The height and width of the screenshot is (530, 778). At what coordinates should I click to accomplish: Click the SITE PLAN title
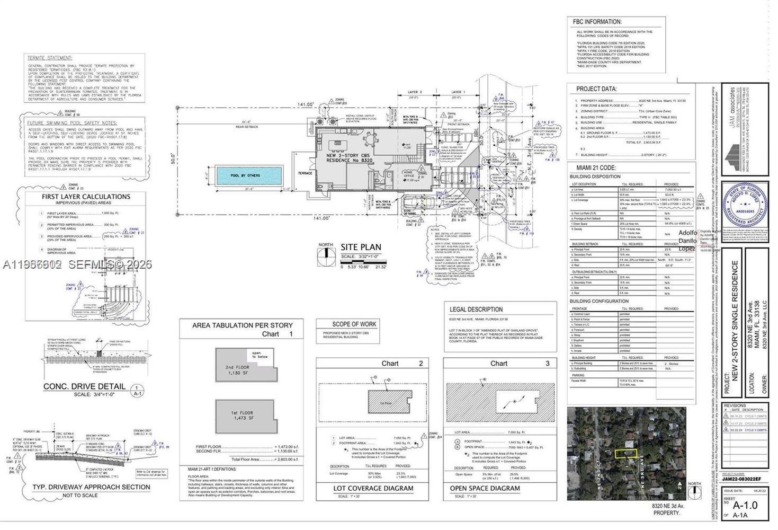[361, 247]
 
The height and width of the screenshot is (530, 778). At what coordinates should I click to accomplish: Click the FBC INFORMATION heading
[596, 22]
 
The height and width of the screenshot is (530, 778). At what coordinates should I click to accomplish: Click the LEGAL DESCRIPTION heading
[476, 309]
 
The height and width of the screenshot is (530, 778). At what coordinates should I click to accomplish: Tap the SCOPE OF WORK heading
[354, 324]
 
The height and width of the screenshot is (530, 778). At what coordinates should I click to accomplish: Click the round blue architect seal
[745, 203]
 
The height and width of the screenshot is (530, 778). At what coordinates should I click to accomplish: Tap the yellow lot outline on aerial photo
[626, 454]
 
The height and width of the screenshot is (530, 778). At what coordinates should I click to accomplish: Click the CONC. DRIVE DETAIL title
[84, 386]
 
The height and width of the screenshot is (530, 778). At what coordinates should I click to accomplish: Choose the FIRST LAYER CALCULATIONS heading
[86, 197]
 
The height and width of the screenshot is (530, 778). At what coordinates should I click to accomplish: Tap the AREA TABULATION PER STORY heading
[242, 325]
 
